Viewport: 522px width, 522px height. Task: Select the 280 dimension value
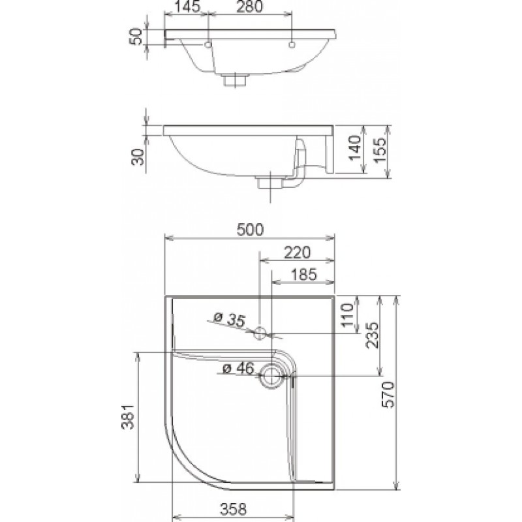pos(249,7)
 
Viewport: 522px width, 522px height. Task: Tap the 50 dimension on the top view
pos(136,37)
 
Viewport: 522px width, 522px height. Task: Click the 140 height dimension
pos(354,148)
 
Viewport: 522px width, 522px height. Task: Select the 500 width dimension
pos(250,230)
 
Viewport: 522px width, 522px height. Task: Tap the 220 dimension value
pos(297,253)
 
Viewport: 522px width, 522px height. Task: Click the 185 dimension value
pos(303,275)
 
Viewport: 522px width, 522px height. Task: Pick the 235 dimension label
pos(372,335)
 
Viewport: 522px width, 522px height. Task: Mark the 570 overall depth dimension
pos(388,395)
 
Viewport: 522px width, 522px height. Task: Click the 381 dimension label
pos(127,417)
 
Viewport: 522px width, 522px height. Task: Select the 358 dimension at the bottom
pos(233,510)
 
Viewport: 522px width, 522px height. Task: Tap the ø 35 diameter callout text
pos(229,319)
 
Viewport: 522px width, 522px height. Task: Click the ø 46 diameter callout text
pos(238,368)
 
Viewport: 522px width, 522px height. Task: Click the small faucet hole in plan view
pos(260,333)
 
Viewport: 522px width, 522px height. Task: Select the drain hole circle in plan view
pos(272,376)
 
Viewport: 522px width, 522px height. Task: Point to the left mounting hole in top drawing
pos(208,44)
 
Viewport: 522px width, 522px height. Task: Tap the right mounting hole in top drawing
pos(292,44)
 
